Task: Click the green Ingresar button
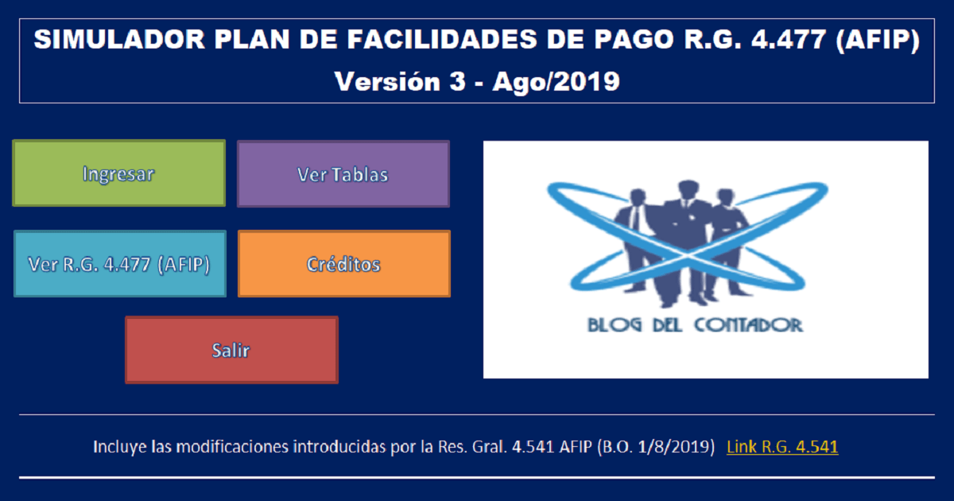pyautogui.click(x=118, y=173)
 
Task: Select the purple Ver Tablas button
pyautogui.click(x=343, y=174)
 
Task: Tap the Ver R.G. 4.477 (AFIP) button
pyautogui.click(x=120, y=264)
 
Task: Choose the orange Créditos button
pyautogui.click(x=344, y=264)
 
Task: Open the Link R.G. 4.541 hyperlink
pyautogui.click(x=782, y=447)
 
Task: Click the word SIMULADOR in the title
pyautogui.click(x=119, y=40)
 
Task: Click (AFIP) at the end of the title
pyautogui.click(x=878, y=41)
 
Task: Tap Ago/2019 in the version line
pyautogui.click(x=556, y=82)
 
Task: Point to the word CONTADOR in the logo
pyautogui.click(x=749, y=325)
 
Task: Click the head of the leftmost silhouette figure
pyautogui.click(x=638, y=197)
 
